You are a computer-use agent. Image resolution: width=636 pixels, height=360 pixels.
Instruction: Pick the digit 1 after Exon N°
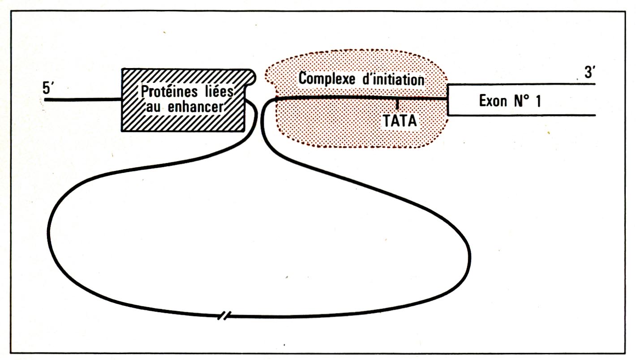pyautogui.click(x=537, y=101)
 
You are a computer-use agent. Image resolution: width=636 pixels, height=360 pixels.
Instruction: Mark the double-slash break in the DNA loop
pyautogui.click(x=224, y=317)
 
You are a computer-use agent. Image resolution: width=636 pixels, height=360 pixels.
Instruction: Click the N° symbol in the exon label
pyautogui.click(x=519, y=101)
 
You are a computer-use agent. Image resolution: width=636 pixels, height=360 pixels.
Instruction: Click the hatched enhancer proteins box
pyautogui.click(x=184, y=121)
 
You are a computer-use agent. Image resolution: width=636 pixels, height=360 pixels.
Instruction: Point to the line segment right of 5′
pyautogui.click(x=83, y=99)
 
